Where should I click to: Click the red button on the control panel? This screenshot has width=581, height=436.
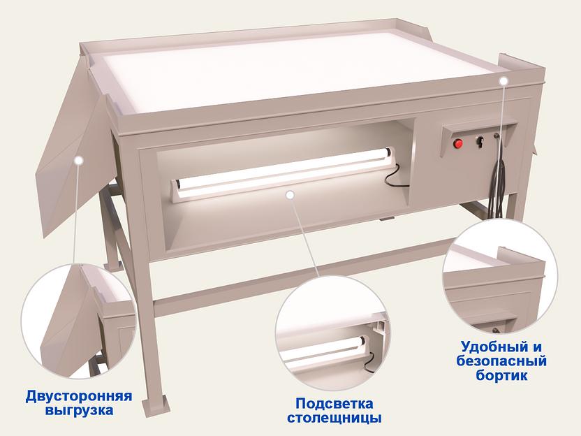pyautogui.click(x=459, y=144)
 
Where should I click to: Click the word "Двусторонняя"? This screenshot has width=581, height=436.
pyautogui.click(x=69, y=396)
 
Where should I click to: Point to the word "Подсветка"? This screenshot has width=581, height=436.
pyautogui.click(x=334, y=404)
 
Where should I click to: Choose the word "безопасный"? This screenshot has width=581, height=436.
pyautogui.click(x=501, y=361)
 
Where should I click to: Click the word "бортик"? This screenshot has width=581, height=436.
pyautogui.click(x=501, y=375)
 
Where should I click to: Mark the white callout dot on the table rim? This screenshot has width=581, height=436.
pyautogui.click(x=503, y=82)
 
